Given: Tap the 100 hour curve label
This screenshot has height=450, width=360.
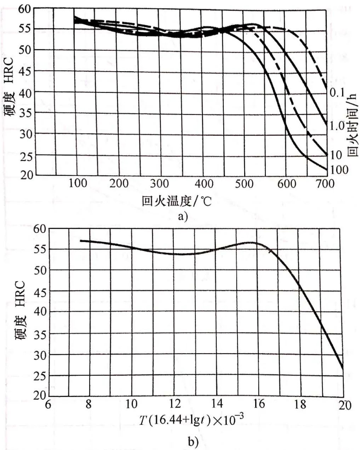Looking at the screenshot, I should [339, 170].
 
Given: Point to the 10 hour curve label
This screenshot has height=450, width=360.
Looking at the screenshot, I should [336, 155].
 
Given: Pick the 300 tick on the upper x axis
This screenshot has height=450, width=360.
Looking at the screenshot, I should [160, 184].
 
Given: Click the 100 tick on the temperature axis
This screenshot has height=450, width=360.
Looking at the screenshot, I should [77, 184].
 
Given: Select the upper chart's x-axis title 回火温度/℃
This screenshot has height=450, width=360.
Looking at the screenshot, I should [177, 202].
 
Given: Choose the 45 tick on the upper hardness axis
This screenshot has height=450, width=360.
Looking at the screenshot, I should [25, 71].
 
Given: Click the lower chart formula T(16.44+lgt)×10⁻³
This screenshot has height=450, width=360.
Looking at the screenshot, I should [191, 420].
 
